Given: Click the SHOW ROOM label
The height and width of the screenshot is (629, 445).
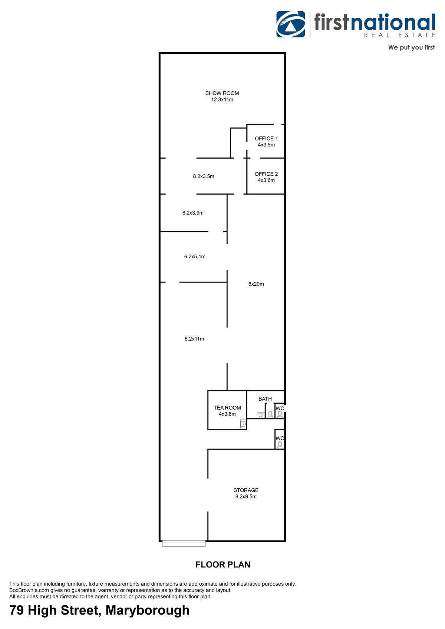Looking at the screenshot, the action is tap(222, 93).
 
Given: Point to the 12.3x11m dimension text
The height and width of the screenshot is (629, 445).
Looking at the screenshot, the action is tap(222, 100).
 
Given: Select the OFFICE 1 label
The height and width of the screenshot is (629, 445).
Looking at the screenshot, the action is tap(266, 138).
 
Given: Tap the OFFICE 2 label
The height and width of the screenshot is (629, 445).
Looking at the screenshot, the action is tap(266, 174).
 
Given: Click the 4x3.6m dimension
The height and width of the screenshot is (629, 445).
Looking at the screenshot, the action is tap(266, 180).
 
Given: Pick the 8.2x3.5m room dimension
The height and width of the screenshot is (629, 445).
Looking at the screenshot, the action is tap(203, 176).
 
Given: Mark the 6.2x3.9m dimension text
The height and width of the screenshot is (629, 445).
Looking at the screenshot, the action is tap(193, 213).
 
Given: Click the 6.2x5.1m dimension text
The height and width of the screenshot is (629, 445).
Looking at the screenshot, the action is tap(195, 256).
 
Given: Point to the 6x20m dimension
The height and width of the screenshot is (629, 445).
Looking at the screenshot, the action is tap(256, 284).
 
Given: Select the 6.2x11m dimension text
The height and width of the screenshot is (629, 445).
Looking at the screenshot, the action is tap(194, 339).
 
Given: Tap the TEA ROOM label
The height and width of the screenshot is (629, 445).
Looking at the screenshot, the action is tap(227, 407).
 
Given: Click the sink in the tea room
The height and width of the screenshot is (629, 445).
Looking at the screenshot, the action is tap(243, 423).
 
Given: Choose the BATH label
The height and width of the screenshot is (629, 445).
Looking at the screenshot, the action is tap(265, 399).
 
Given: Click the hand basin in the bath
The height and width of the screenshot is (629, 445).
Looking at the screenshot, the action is tap(261, 415).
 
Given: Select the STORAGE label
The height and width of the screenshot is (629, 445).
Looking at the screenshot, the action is tap(246, 490).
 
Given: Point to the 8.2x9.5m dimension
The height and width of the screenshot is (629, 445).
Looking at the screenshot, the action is tap(246, 496).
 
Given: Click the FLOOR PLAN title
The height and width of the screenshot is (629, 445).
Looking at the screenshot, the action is tap(223, 565).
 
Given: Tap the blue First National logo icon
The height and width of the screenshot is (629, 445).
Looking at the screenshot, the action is tap(290, 24).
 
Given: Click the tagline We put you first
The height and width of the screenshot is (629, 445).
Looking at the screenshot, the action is tap(411, 47).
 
